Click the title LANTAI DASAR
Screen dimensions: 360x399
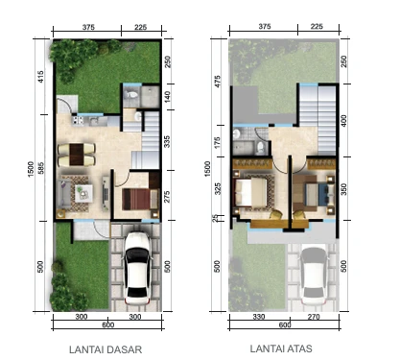click(x=106, y=348)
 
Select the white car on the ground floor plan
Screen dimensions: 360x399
click(x=137, y=263)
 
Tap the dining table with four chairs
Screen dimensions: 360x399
click(x=75, y=152)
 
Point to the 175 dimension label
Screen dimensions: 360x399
click(x=220, y=141)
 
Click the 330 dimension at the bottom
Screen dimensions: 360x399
click(x=257, y=316)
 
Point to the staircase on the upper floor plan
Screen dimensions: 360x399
click(x=318, y=106)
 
